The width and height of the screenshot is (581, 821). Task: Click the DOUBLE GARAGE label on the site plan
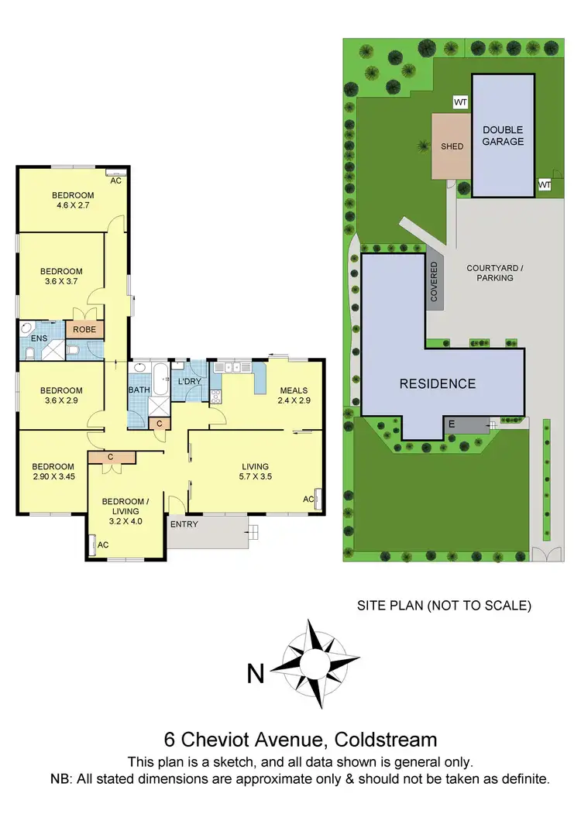503,136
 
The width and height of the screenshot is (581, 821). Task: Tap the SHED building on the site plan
451,146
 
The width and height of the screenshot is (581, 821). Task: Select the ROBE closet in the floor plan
84,329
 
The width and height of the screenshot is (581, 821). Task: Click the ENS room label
39,338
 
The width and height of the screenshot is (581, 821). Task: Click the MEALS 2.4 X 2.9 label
294,396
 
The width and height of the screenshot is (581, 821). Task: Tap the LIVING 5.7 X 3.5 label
255,471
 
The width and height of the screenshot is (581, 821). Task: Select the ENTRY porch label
184,524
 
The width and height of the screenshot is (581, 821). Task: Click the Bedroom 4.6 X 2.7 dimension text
73,206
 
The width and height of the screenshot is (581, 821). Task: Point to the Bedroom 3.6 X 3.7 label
61,277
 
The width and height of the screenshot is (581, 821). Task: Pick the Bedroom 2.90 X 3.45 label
53,472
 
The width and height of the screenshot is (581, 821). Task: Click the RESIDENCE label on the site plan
438,383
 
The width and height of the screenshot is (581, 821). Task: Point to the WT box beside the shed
460,102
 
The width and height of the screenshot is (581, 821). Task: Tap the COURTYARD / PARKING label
495,273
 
